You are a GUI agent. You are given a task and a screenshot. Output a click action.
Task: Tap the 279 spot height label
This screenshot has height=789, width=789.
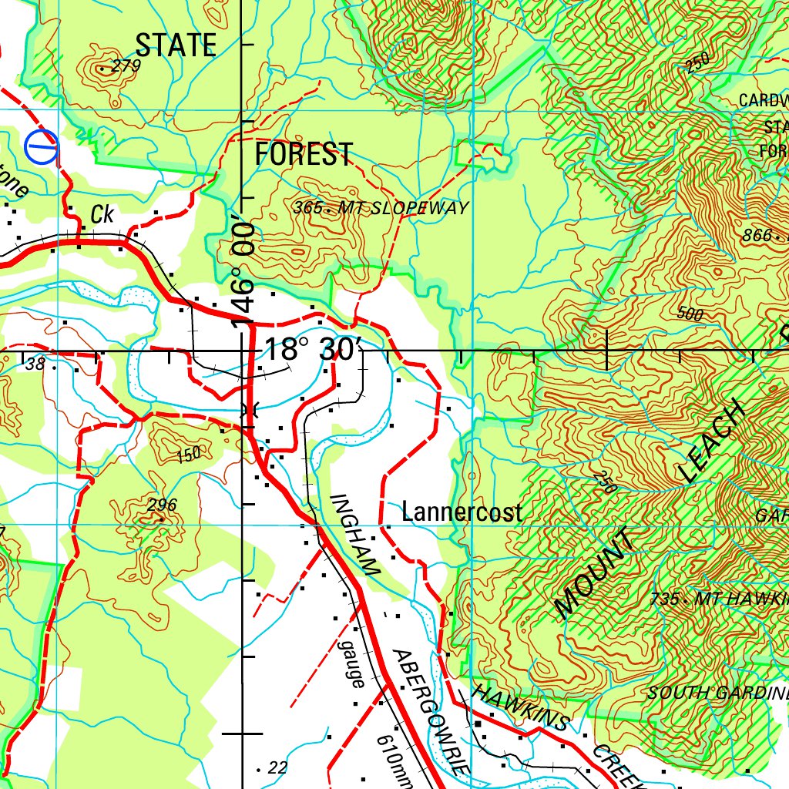[126, 65]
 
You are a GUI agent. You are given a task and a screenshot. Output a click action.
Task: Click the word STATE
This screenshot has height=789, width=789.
[176, 45]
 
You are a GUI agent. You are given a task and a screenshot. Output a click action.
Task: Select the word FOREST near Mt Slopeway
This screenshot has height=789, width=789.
[304, 154]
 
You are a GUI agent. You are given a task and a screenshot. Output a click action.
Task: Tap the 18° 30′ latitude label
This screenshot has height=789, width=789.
[311, 349]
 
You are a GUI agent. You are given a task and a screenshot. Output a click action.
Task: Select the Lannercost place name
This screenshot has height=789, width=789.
[462, 512]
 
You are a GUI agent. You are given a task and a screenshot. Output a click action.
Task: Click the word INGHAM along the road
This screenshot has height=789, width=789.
[355, 535]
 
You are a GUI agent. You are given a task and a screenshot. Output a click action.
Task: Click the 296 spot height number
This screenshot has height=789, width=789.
[162, 505]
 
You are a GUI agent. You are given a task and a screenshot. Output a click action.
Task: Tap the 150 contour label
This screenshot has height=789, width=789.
[188, 455]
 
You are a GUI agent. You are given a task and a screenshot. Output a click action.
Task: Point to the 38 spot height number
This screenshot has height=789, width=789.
[35, 363]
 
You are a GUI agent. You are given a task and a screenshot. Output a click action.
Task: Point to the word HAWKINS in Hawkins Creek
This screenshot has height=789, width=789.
[521, 707]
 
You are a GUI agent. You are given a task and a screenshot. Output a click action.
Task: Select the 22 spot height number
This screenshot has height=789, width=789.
[277, 767]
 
